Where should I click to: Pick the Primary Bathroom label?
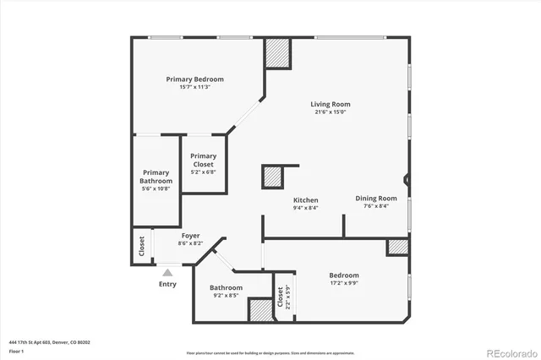click(x=156, y=177)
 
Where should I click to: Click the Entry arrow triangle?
click(x=167, y=272)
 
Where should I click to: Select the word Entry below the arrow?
click(x=168, y=284)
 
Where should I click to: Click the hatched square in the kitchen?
click(x=271, y=177)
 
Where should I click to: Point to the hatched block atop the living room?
click(x=277, y=54)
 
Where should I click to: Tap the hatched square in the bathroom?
click(x=259, y=309)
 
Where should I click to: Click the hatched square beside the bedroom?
click(x=397, y=247)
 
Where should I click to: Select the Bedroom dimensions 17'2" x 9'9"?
click(x=344, y=283)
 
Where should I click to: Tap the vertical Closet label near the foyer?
click(x=141, y=245)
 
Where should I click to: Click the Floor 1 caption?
click(x=16, y=350)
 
